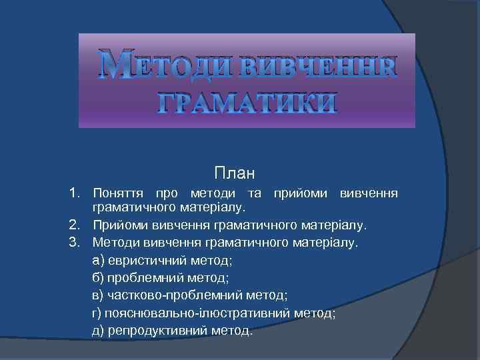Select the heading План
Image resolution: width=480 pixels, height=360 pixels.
click(235, 174)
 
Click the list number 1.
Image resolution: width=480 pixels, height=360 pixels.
click(75, 193)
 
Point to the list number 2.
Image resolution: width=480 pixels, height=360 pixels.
click(75, 225)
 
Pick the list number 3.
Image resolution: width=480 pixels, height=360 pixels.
click(75, 241)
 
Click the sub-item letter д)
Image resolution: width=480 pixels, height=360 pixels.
click(99, 330)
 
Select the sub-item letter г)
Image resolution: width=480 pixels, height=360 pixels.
click(98, 312)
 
